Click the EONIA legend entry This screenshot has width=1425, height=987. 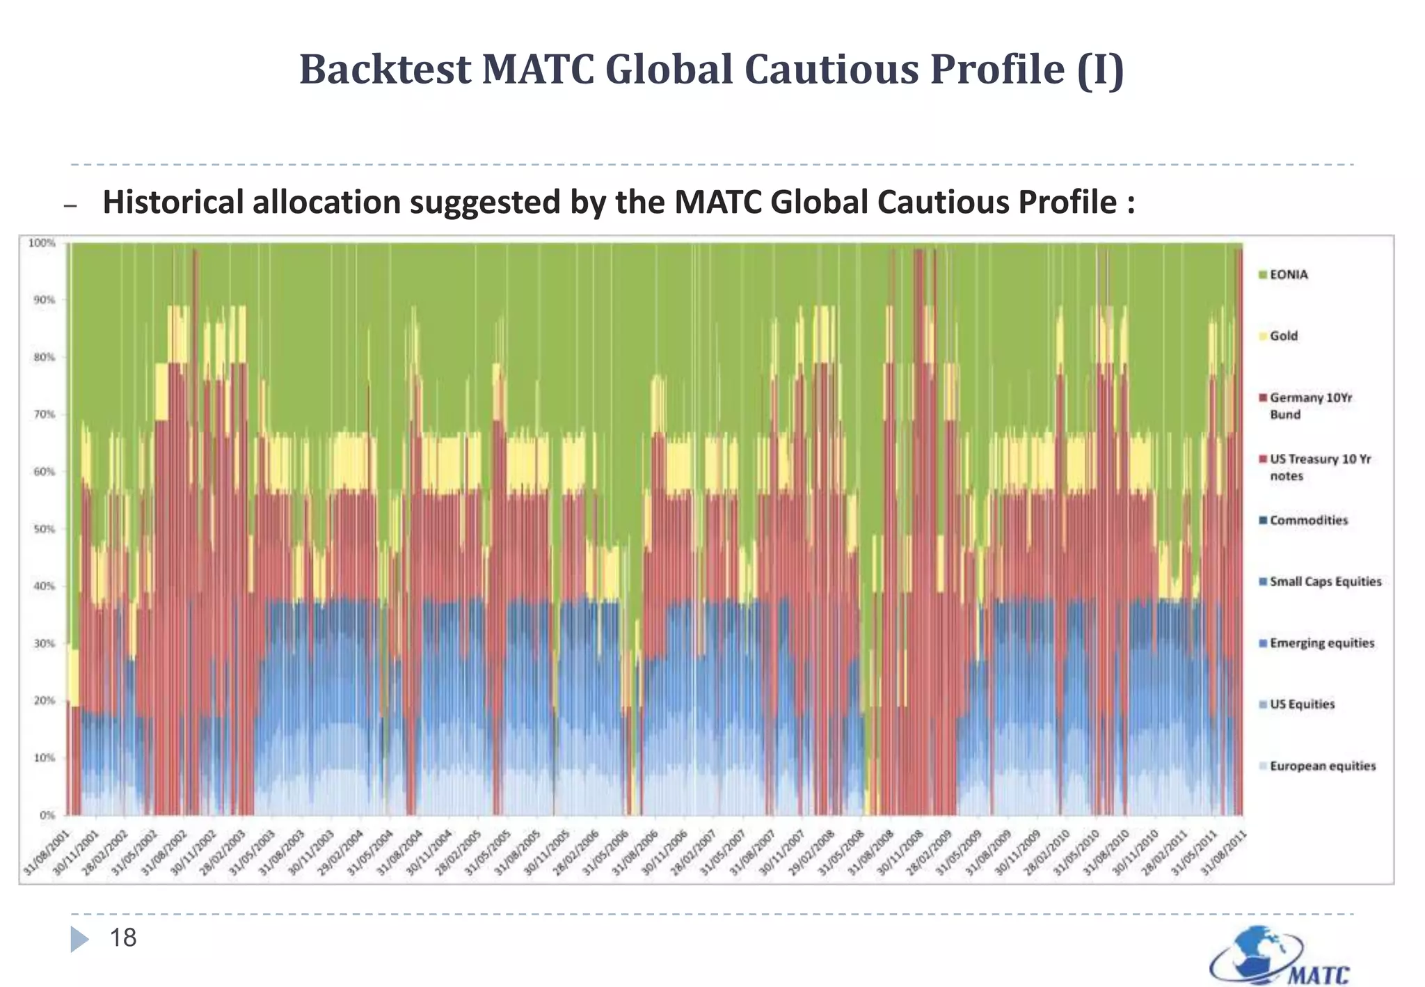click(x=1288, y=275)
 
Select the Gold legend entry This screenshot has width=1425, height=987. click(x=1283, y=336)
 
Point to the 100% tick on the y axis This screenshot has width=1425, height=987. click(x=42, y=243)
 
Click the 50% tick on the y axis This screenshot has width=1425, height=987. click(x=45, y=529)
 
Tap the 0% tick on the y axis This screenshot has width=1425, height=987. click(x=47, y=815)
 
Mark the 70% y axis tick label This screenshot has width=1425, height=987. click(x=45, y=415)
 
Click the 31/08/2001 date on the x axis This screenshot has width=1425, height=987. click(x=47, y=853)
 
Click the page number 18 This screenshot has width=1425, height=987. click(x=123, y=938)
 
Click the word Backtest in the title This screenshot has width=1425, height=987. click(x=385, y=70)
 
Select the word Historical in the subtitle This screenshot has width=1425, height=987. click(x=173, y=203)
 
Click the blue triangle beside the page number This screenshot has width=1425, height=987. click(x=79, y=939)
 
